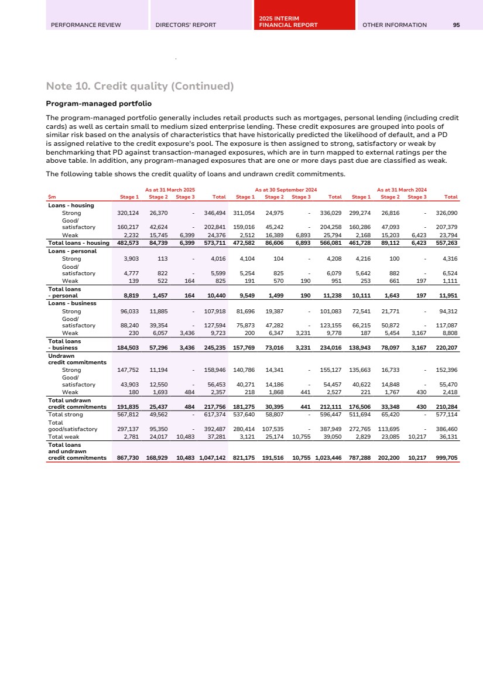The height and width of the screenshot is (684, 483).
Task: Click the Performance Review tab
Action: tap(86, 25)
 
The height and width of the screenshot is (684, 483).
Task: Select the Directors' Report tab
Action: tap(186, 25)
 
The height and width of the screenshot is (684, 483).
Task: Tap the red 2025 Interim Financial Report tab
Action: tap(288, 22)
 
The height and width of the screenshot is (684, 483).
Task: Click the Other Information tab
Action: tap(395, 25)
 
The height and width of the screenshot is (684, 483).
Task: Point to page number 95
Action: tap(456, 25)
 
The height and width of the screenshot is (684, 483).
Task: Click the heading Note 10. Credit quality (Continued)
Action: tap(139, 87)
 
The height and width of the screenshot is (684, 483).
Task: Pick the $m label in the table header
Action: tap(52, 197)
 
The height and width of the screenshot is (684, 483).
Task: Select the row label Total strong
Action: tap(65, 415)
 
